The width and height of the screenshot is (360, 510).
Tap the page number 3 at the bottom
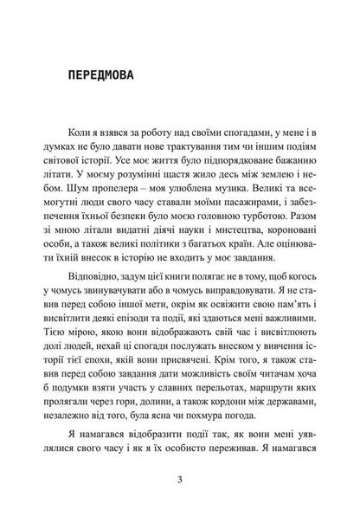(x=178, y=481)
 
